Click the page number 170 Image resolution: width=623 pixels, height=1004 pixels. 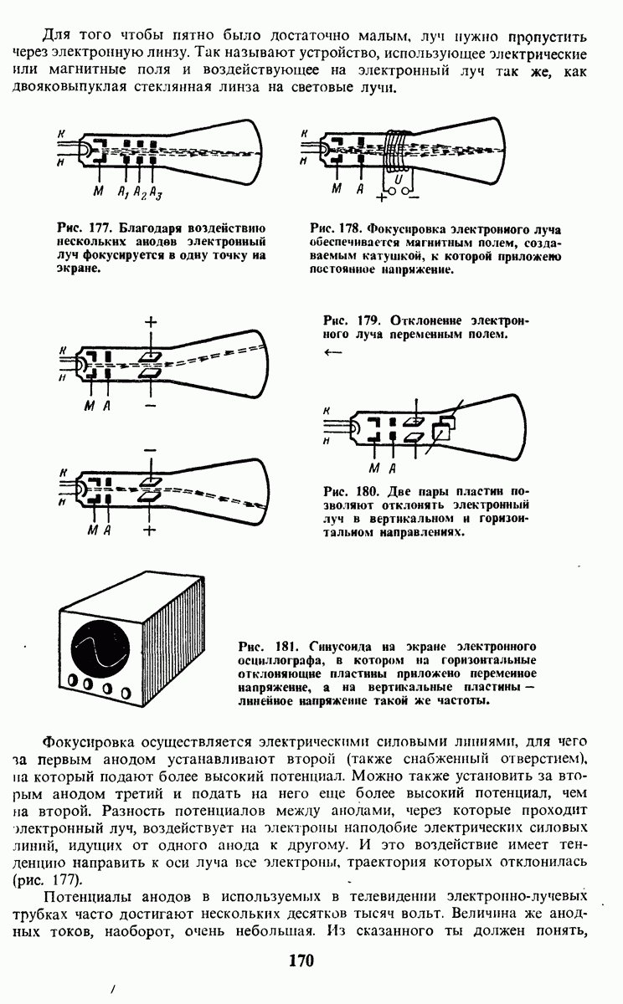coord(300,960)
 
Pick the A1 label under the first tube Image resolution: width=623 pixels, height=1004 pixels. coord(123,192)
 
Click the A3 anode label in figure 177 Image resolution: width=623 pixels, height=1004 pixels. coord(156,192)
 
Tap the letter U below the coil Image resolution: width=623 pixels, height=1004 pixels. coord(400,178)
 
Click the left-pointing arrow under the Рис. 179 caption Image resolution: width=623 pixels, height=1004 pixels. coord(332,352)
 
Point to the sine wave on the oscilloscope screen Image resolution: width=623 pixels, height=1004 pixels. coord(99,649)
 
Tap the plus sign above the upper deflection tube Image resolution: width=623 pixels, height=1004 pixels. coord(151,322)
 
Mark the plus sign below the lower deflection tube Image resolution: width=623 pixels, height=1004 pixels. coord(150,529)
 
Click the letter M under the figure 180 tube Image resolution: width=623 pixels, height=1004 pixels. coord(373,466)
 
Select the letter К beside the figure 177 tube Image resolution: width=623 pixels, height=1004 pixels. coord(61,134)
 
